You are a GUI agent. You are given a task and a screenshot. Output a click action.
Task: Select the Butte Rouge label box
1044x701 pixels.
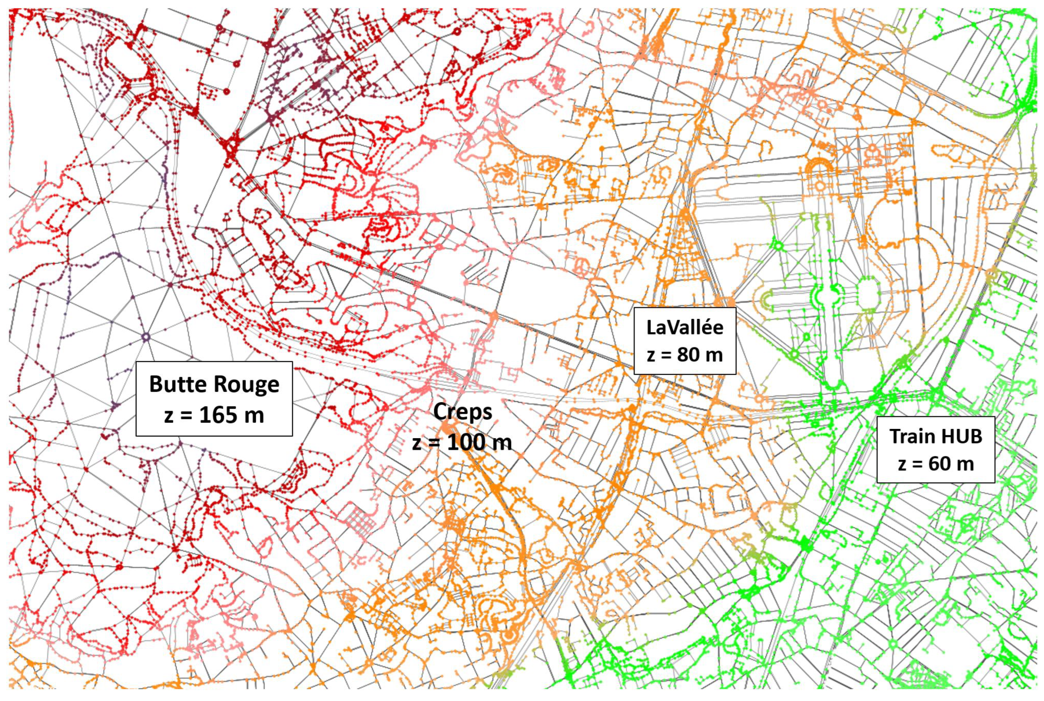(214, 399)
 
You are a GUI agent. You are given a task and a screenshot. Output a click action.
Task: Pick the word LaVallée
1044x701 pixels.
(685, 328)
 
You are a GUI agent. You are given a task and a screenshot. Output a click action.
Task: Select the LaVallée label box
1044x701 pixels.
(685, 341)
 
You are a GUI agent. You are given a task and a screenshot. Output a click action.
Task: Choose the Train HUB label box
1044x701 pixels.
(935, 450)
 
